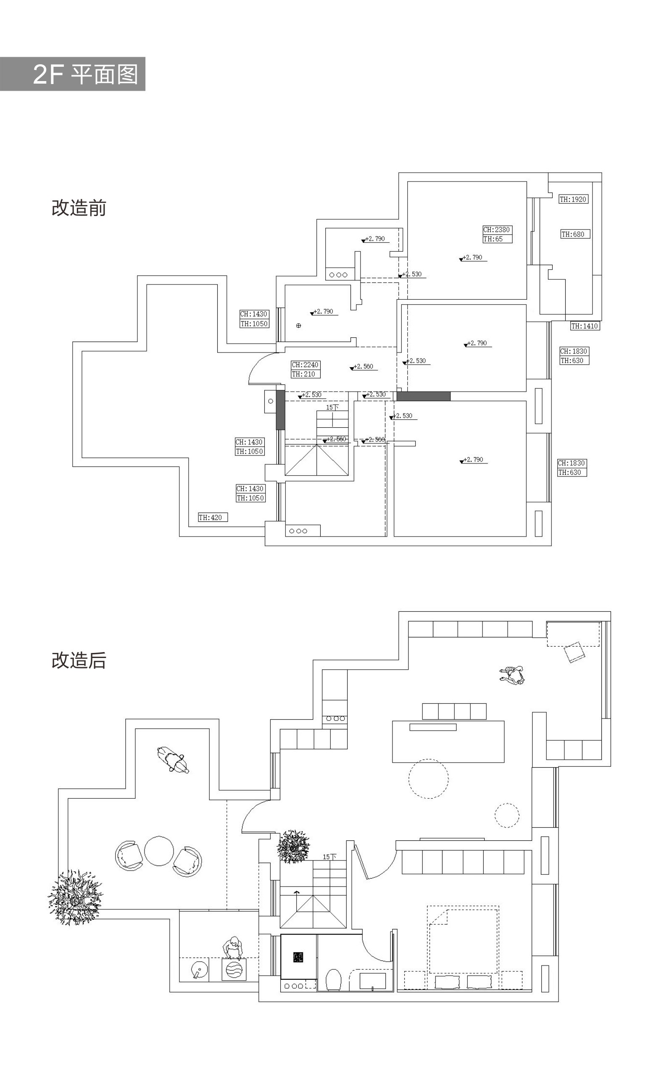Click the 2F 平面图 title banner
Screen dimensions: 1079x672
click(x=72, y=74)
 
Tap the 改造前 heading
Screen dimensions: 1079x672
click(x=79, y=208)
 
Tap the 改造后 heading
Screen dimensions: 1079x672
click(x=79, y=660)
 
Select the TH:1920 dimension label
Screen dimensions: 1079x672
click(x=573, y=199)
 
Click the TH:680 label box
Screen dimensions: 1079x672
click(x=574, y=234)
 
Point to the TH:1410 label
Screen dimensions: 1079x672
click(x=585, y=326)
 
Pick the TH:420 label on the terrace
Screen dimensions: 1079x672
click(x=213, y=517)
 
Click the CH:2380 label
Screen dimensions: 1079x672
click(x=497, y=230)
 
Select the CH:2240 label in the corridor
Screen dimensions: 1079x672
click(x=305, y=365)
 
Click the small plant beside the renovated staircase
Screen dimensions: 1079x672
click(x=293, y=846)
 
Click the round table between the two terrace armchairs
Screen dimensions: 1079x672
click(x=159, y=851)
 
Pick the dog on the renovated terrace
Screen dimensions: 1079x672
click(x=173, y=760)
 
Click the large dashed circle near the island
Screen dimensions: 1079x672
click(x=428, y=779)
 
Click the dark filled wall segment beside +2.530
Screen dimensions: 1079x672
click(x=423, y=396)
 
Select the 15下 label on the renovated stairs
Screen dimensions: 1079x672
click(x=329, y=856)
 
